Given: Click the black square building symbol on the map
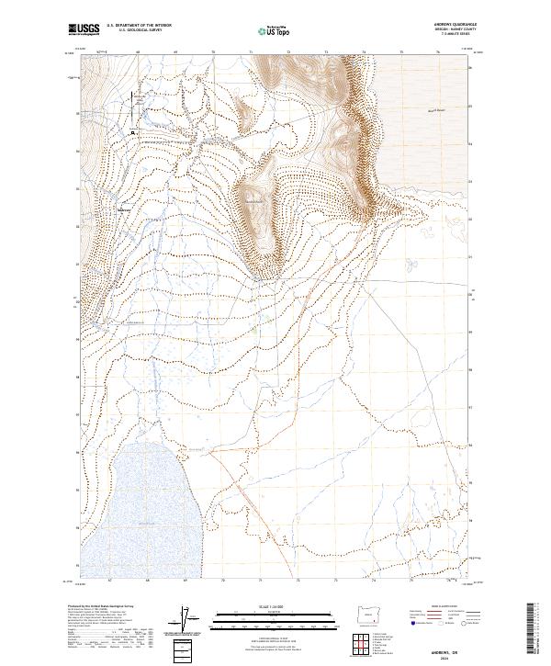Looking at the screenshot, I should pos(133,132).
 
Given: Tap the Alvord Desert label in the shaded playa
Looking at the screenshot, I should pos(419,111).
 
